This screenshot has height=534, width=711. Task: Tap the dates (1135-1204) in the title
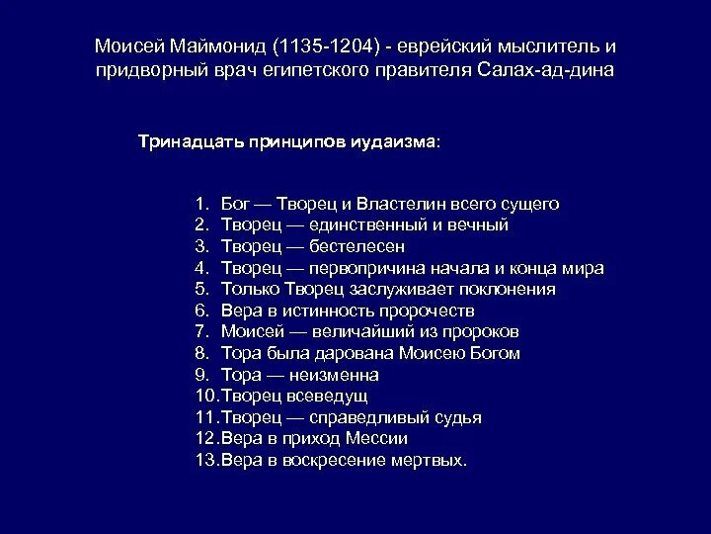tap(325, 47)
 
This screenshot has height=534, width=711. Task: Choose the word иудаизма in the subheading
tap(396, 141)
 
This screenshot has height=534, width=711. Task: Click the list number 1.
tap(200, 204)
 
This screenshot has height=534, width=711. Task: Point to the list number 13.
tap(205, 460)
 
